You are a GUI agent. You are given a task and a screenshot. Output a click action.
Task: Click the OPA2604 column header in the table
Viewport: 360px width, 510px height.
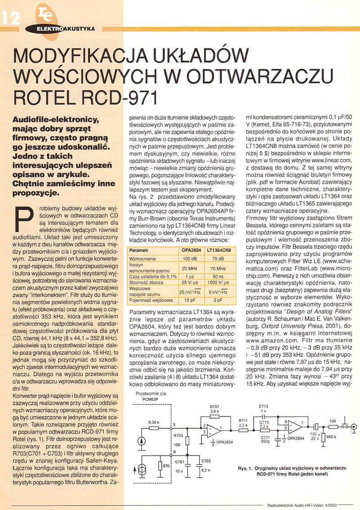click(x=191, y=250)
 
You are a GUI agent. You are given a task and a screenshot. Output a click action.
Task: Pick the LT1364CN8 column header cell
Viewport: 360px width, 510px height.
click(x=219, y=250)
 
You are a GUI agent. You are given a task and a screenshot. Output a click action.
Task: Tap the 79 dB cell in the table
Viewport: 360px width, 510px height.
click(x=219, y=259)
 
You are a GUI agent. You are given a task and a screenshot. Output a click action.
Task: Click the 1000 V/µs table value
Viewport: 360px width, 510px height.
click(x=219, y=282)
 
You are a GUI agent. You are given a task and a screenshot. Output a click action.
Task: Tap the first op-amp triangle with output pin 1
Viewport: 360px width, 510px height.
click(x=211, y=429)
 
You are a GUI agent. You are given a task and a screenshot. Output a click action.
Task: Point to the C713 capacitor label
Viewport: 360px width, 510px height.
click(x=264, y=407)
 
